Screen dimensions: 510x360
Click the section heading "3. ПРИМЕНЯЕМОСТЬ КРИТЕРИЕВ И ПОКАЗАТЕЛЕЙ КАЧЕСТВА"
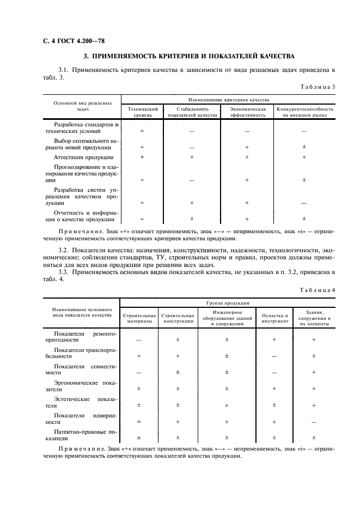tap(188, 56)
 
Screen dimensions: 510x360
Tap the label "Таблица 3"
tap(318, 87)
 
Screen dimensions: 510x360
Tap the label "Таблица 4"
tap(318, 290)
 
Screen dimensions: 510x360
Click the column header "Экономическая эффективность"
tap(247, 112)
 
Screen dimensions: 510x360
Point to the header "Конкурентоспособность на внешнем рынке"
tap(304, 112)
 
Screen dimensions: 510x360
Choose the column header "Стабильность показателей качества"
tap(192, 112)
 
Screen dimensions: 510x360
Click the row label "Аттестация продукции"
tap(80, 157)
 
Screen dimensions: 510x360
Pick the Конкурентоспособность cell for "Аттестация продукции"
tap(304, 157)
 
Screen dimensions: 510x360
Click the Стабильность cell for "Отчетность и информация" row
tap(192, 219)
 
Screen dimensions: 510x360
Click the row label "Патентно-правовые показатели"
tap(82, 434)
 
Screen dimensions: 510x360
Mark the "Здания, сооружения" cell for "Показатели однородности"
tap(314, 421)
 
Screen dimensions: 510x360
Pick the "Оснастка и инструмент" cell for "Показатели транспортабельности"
tap(274, 356)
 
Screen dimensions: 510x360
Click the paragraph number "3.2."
tap(64, 250)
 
